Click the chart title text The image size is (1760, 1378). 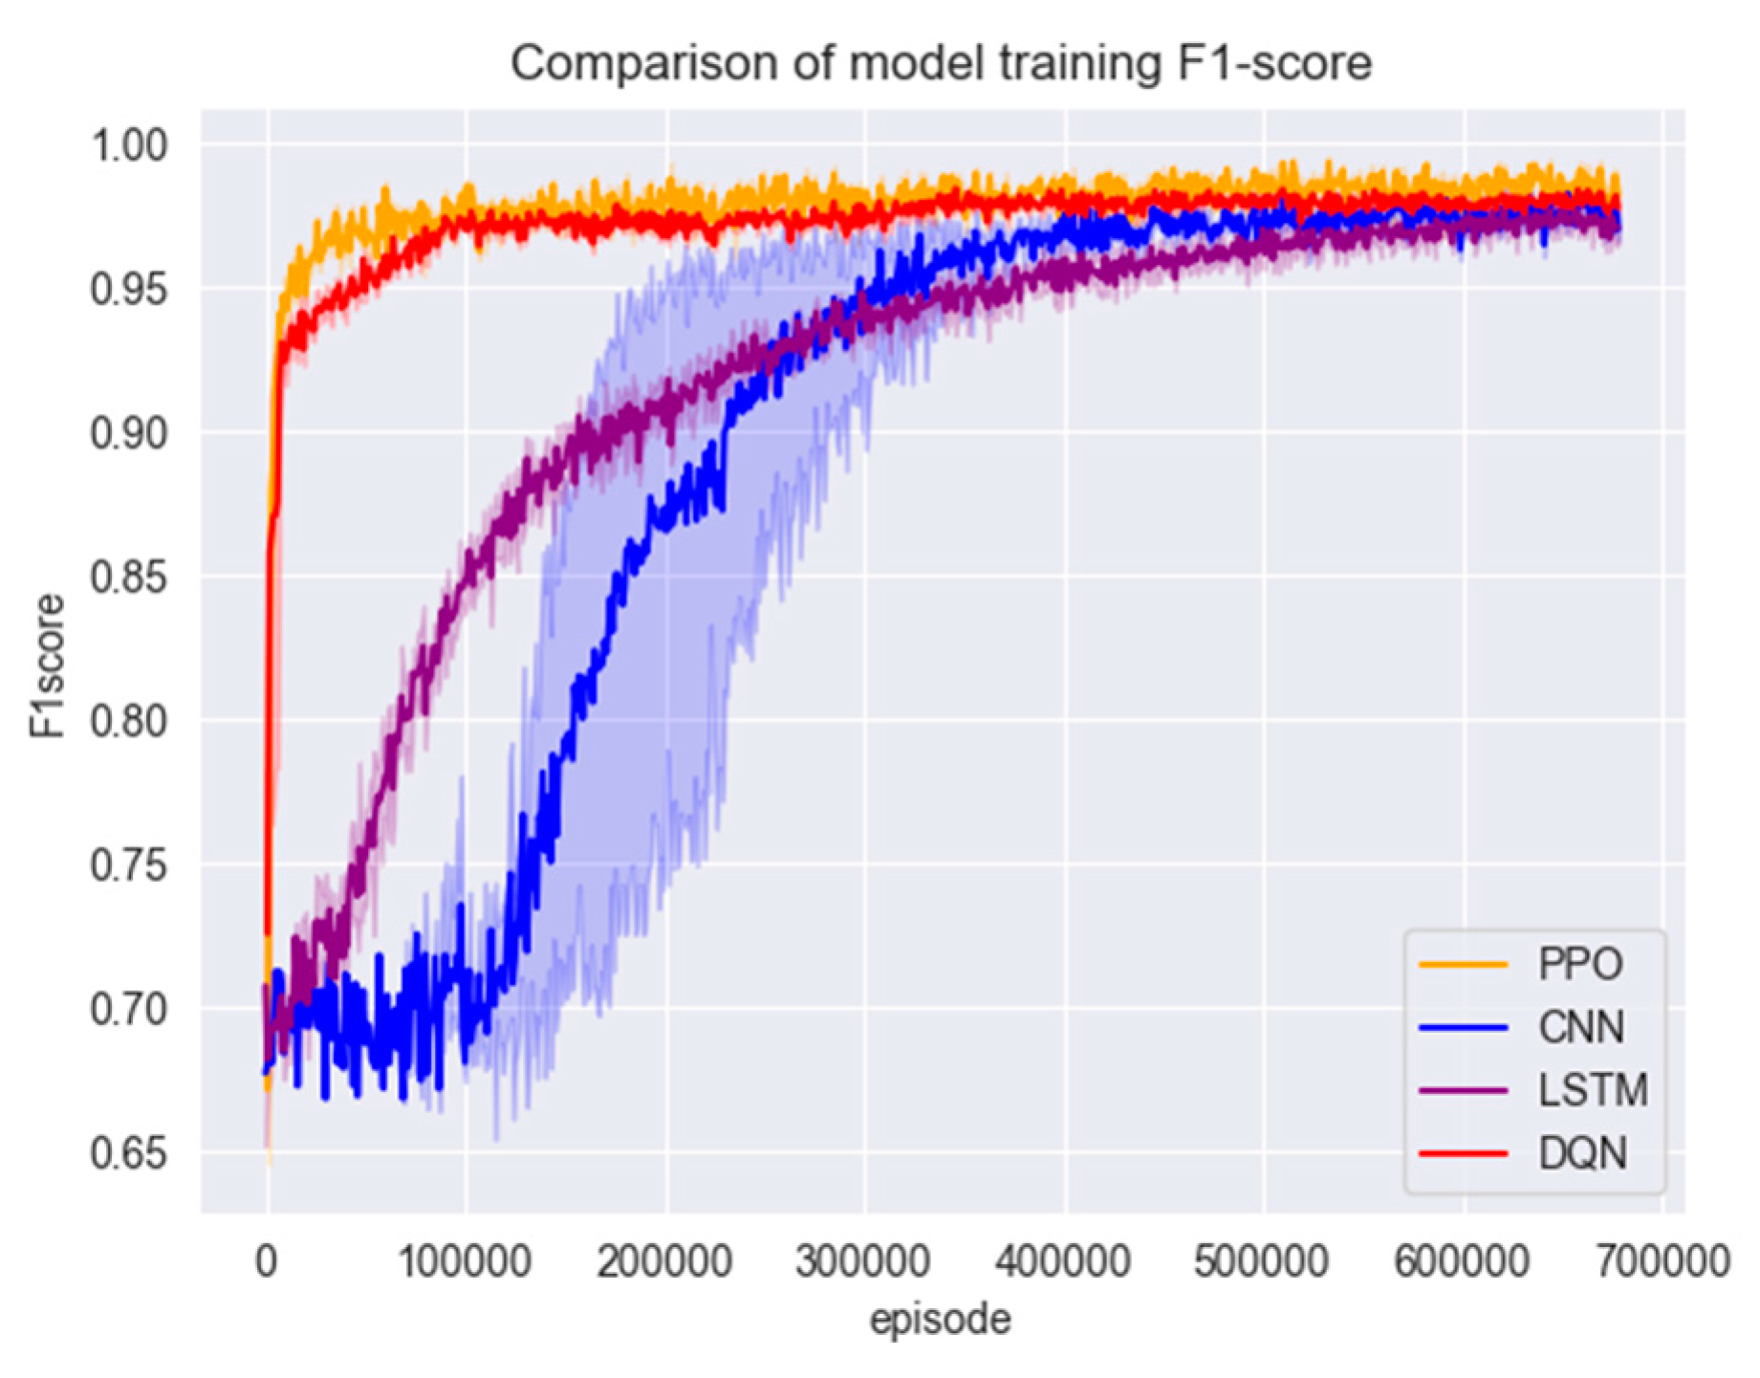(941, 64)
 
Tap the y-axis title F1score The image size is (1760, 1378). (47, 666)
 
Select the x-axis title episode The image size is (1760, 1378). (940, 1320)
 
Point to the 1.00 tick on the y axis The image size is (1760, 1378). (128, 145)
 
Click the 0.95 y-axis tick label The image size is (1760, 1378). (128, 289)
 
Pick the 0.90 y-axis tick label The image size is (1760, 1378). (128, 433)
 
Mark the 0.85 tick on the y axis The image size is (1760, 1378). (128, 577)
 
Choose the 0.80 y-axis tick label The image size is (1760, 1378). (128, 721)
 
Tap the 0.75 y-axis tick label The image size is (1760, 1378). (128, 865)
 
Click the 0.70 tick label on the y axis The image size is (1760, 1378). (128, 1009)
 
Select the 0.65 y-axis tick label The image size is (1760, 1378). (128, 1153)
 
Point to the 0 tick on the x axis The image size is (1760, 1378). (267, 1261)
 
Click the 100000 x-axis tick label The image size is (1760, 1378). (465, 1261)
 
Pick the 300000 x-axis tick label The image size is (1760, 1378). (863, 1261)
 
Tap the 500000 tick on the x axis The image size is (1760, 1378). (1262, 1261)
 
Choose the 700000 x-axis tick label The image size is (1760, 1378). (1661, 1261)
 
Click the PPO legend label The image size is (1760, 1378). (1580, 964)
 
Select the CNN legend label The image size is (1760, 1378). (1581, 1027)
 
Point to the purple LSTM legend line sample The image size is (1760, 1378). (1464, 1090)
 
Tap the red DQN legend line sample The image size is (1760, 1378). (1464, 1153)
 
